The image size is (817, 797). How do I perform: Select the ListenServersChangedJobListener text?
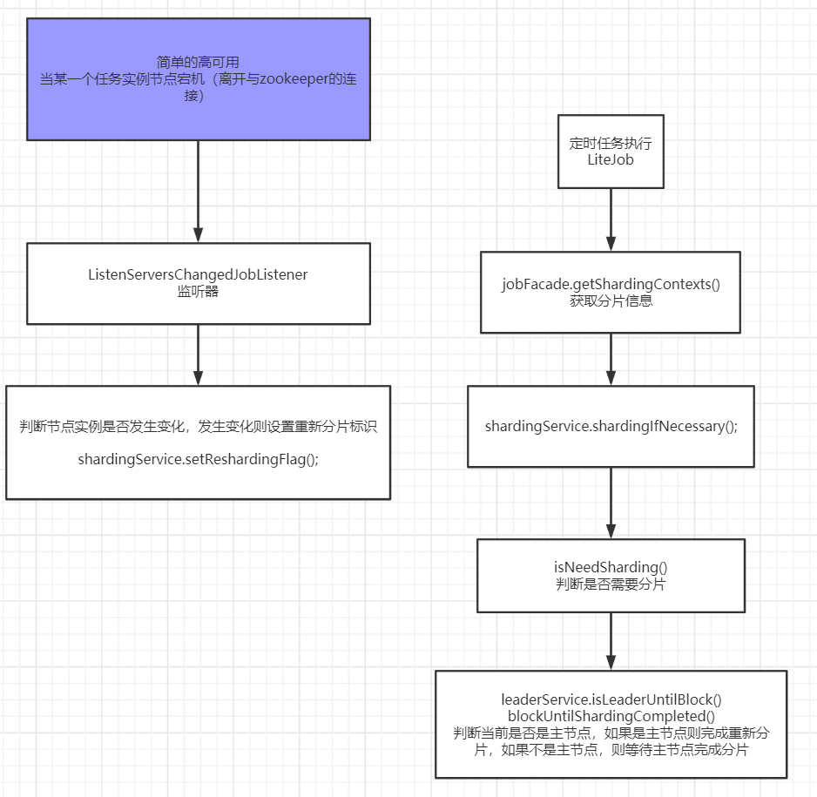198,274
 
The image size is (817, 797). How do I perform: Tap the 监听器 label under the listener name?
198,291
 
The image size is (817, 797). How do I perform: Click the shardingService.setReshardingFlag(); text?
198,459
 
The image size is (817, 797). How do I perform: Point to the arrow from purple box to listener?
198,192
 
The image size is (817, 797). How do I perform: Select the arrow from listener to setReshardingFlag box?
198,355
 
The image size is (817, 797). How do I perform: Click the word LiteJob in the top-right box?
610,160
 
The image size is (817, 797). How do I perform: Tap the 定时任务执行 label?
610,144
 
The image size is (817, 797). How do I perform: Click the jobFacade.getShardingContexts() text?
611,285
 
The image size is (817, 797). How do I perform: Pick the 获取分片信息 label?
611,301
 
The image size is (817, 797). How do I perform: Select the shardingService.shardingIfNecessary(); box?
611,426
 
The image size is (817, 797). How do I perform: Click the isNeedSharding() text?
611,567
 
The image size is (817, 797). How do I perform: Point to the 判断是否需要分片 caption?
611,584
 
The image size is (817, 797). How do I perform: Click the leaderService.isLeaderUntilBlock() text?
611,699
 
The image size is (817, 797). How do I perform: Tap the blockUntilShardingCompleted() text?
611,715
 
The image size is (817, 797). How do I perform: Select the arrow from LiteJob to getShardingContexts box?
611,220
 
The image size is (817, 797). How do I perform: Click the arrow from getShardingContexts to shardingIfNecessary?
611,360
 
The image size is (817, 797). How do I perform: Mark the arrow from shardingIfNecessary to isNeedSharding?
611,503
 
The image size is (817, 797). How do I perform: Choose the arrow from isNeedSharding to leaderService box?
611,641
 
